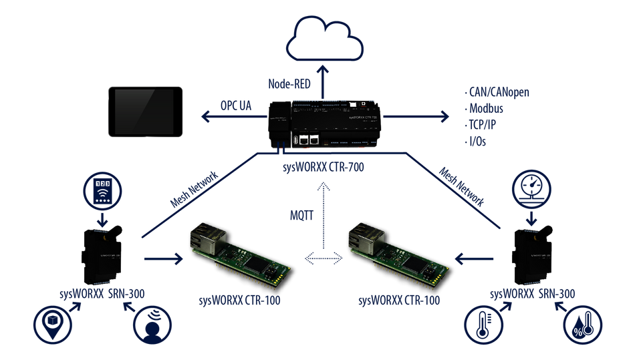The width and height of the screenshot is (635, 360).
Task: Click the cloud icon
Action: pyautogui.click(x=325, y=41)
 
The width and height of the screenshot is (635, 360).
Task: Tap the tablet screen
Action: pyautogui.click(x=145, y=111)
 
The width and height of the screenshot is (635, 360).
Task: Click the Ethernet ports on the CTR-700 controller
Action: pyautogui.click(x=309, y=140)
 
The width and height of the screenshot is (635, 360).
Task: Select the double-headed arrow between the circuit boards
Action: pyautogui.click(x=324, y=258)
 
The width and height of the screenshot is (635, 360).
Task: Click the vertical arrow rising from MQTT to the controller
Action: pyautogui.click(x=324, y=197)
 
